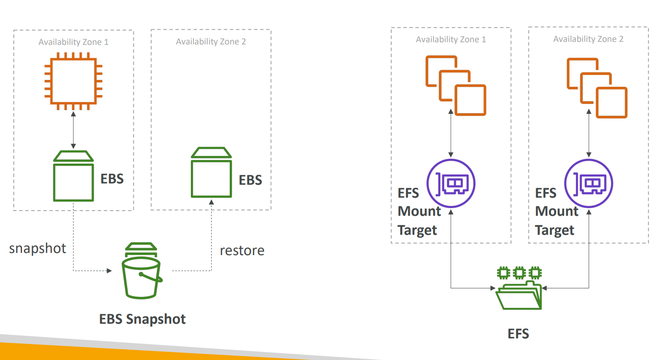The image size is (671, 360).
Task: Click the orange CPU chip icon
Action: pyautogui.click(x=73, y=82)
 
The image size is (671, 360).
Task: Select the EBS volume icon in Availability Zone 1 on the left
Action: pyautogui.click(x=73, y=176)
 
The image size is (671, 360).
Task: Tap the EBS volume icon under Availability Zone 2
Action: pyautogui.click(x=211, y=173)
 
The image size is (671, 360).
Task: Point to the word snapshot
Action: pyautogui.click(x=38, y=249)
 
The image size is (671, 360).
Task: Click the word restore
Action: pyautogui.click(x=242, y=251)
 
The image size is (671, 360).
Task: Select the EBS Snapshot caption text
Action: pyautogui.click(x=142, y=319)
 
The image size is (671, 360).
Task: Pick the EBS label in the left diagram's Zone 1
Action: pyautogui.click(x=112, y=179)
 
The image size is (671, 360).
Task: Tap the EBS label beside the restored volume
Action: pyautogui.click(x=250, y=180)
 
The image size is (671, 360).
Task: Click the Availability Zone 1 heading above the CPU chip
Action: pyautogui.click(x=73, y=42)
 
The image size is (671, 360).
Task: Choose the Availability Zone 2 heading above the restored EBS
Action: pyautogui.click(x=211, y=41)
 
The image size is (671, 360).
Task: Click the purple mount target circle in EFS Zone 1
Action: pyautogui.click(x=451, y=183)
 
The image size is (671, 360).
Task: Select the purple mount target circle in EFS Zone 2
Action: pyautogui.click(x=589, y=183)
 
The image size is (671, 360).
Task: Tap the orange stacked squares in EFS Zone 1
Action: pyautogui.click(x=456, y=85)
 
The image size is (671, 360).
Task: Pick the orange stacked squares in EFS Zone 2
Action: pyautogui.click(x=597, y=88)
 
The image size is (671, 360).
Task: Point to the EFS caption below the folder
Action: pyautogui.click(x=518, y=334)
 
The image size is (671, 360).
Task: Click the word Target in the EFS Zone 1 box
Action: pyautogui.click(x=417, y=231)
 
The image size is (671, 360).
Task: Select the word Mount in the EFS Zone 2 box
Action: pyautogui.click(x=557, y=212)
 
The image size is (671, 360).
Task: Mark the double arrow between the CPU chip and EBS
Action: pyautogui.click(x=73, y=130)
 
